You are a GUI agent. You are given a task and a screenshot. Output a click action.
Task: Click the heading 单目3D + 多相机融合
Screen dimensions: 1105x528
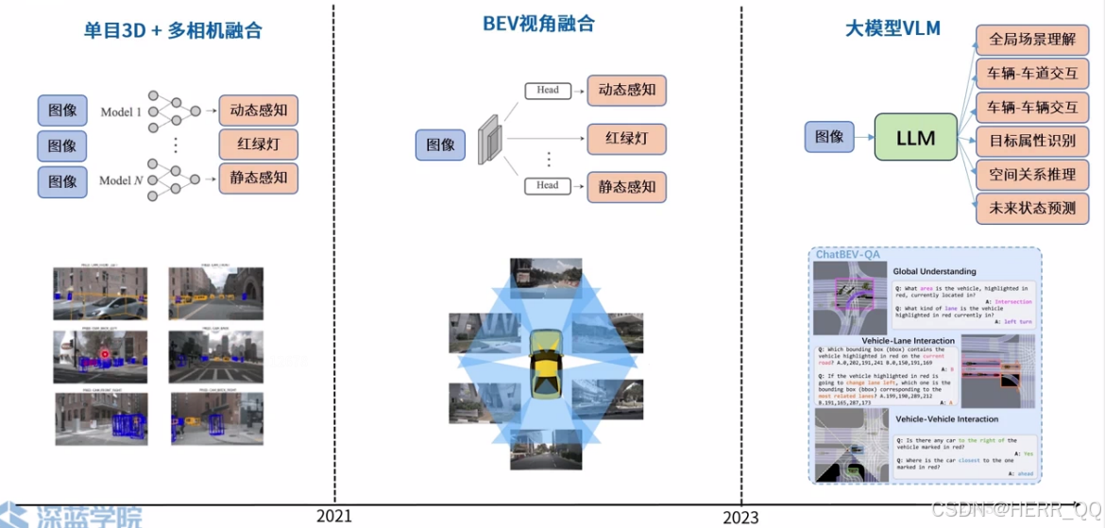[x=173, y=30]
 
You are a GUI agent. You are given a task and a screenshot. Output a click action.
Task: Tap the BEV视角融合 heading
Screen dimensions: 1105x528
[x=539, y=25]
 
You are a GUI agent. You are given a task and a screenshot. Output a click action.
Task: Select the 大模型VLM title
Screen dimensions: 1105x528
[x=892, y=28]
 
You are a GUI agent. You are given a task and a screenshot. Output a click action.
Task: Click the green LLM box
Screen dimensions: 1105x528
[x=915, y=138]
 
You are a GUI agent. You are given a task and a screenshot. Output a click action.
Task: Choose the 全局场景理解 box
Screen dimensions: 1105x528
[x=1032, y=40]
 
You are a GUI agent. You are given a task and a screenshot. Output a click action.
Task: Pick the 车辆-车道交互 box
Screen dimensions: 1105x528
[x=1032, y=73]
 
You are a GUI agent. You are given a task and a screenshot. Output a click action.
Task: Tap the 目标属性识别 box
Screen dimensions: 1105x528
[x=1032, y=142]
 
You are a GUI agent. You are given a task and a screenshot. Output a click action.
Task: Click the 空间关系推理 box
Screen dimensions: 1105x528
[x=1032, y=175]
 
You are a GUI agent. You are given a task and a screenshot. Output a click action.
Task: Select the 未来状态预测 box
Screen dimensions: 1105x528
[x=1032, y=208]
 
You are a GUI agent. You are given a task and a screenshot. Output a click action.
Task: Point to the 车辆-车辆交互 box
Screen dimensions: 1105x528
[x=1032, y=107]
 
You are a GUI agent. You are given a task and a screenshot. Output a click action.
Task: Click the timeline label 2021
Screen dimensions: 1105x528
[x=334, y=516]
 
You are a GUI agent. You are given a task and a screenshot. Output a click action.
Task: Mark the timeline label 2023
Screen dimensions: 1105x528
[x=740, y=518]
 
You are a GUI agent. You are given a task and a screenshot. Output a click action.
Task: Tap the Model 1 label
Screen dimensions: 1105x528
[x=121, y=111]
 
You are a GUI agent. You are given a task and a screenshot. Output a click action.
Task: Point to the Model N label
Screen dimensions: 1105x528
[x=122, y=179]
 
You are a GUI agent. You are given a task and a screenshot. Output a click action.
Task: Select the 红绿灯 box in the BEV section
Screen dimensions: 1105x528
[x=626, y=138]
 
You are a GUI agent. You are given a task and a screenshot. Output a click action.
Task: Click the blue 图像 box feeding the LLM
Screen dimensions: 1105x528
[x=829, y=136]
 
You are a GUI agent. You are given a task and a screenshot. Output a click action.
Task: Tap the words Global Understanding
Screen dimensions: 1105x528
[x=934, y=272]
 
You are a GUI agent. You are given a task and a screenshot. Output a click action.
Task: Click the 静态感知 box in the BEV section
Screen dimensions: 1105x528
[x=626, y=186]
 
